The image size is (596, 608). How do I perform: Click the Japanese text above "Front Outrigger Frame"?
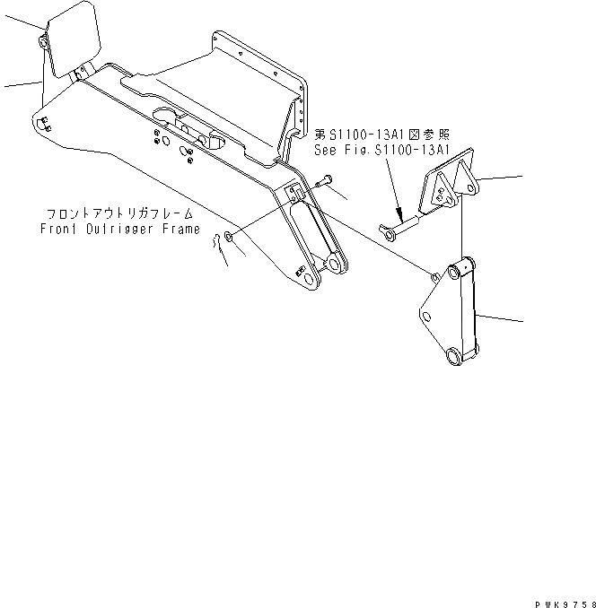[x=121, y=215]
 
